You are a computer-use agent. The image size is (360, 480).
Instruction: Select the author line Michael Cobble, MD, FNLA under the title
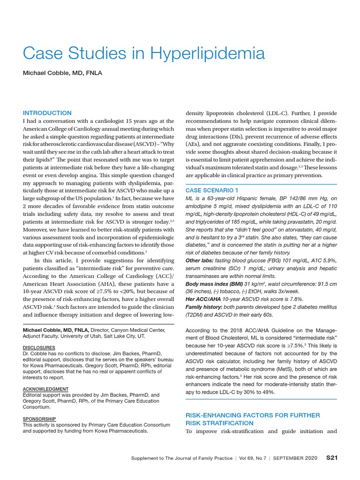tap(63, 73)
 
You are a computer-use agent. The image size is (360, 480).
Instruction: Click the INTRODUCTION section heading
tap(47, 113)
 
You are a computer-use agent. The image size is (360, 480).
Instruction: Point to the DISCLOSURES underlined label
tap(40, 347)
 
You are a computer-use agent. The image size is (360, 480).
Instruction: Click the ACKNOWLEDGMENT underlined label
tap(45, 389)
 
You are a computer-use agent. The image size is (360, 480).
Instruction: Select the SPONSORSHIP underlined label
tap(39, 419)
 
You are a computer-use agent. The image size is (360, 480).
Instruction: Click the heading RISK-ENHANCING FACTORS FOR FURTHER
tap(253, 415)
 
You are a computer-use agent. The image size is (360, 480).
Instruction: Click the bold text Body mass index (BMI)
tap(215, 284)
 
